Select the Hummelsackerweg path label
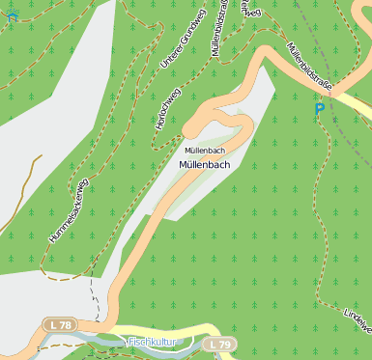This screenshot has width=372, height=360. coord(69,211)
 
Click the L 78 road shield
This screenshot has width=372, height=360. coord(60,325)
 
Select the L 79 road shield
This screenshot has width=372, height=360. coord(219,344)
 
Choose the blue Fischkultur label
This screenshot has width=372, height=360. coord(151,342)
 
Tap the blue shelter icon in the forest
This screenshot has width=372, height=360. coord(13,15)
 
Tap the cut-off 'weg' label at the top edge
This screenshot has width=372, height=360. coord(252,12)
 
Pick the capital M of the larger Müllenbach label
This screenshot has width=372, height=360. coord(184,165)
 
